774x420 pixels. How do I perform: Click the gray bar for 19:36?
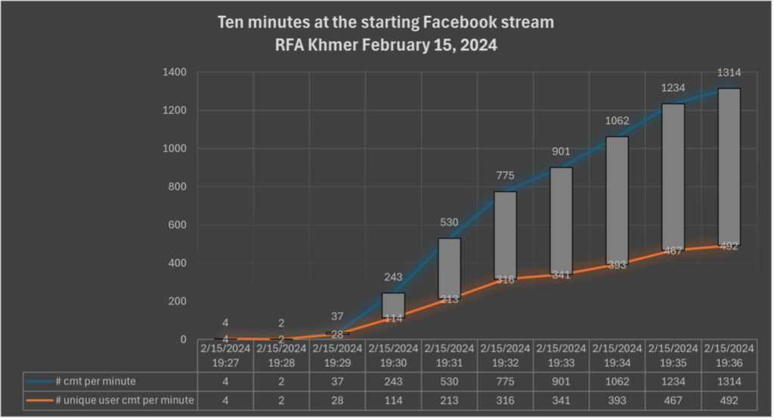[x=729, y=167]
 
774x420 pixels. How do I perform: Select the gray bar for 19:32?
[x=505, y=236]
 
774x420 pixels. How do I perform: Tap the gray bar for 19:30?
[x=393, y=305]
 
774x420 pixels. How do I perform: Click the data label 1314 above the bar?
[x=729, y=73]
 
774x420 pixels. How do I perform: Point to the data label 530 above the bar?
[x=449, y=223]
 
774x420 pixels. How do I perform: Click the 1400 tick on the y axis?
[x=175, y=72]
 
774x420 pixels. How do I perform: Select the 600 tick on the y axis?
[x=177, y=225]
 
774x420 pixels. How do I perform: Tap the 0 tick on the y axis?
[x=183, y=340]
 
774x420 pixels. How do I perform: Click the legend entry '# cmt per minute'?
[x=82, y=381]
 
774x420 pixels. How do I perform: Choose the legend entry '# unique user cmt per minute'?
[x=110, y=400]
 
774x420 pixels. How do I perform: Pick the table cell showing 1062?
[x=617, y=381]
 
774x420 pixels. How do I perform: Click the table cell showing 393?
[x=617, y=400]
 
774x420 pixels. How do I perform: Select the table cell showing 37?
[x=337, y=381]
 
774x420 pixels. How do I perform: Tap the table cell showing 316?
[x=505, y=400]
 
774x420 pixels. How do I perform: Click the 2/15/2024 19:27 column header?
[x=225, y=356]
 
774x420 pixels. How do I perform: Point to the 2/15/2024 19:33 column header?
[x=562, y=356]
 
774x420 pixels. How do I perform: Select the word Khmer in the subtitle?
[x=333, y=45]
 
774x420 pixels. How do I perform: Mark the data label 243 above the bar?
[x=393, y=277]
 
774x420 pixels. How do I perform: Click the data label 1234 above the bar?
[x=673, y=88]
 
